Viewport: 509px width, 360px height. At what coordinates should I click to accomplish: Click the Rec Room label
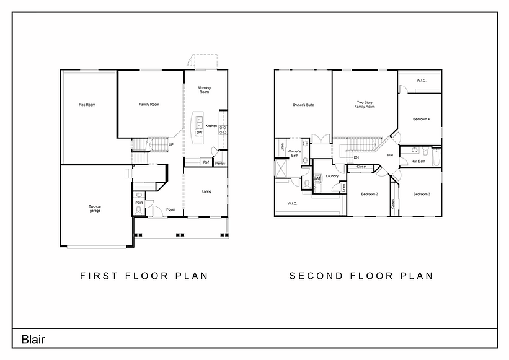[87, 105]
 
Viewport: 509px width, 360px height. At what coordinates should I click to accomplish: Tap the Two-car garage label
[95, 209]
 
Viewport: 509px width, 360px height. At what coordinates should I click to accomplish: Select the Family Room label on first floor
[149, 105]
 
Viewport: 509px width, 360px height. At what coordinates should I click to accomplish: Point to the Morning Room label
[205, 90]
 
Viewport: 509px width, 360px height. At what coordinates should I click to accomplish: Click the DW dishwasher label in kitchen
[199, 133]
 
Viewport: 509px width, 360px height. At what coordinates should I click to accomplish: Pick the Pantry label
[220, 164]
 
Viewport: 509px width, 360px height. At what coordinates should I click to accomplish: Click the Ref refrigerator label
[206, 162]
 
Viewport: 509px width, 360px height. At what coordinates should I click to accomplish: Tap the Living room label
[206, 191]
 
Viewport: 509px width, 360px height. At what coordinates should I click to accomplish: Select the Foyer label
[170, 209]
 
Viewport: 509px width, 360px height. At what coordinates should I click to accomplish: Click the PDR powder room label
[139, 203]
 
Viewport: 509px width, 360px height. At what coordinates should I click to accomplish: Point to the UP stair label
[171, 145]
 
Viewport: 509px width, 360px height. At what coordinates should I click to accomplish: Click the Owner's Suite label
[303, 105]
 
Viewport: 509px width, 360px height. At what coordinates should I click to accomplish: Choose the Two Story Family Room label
[365, 105]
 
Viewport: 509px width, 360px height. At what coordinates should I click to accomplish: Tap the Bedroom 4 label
[422, 119]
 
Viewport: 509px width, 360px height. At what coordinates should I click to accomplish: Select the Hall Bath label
[418, 161]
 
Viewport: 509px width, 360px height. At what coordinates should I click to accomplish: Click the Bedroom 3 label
[422, 194]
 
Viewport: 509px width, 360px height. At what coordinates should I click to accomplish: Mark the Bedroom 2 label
[370, 194]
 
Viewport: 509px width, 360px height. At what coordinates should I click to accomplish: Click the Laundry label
[332, 176]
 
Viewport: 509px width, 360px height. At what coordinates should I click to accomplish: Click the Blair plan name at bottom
[33, 339]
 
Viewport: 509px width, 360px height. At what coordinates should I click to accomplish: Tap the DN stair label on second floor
[356, 157]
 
